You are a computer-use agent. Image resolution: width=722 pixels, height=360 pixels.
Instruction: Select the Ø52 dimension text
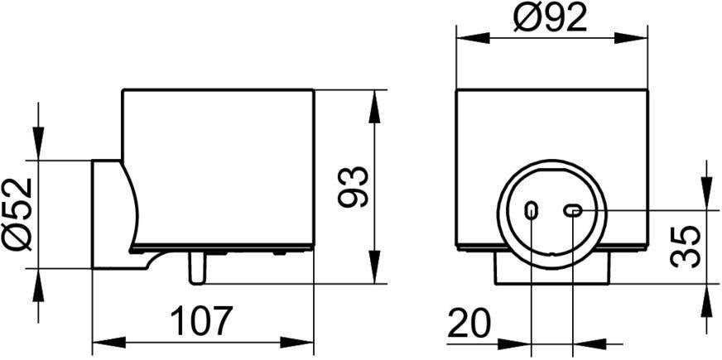[x=17, y=214]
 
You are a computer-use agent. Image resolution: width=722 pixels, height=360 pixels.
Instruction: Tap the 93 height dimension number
[x=354, y=186]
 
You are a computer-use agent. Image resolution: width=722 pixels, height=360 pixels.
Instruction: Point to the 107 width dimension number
[x=200, y=321]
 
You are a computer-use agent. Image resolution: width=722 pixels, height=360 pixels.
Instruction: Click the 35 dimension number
[x=686, y=247]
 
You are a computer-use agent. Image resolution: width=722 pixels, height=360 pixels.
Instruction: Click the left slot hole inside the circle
[x=531, y=211]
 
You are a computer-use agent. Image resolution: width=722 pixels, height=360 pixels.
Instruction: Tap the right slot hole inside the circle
[x=573, y=211]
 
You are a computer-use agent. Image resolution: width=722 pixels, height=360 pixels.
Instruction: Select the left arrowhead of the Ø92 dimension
[x=473, y=38]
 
